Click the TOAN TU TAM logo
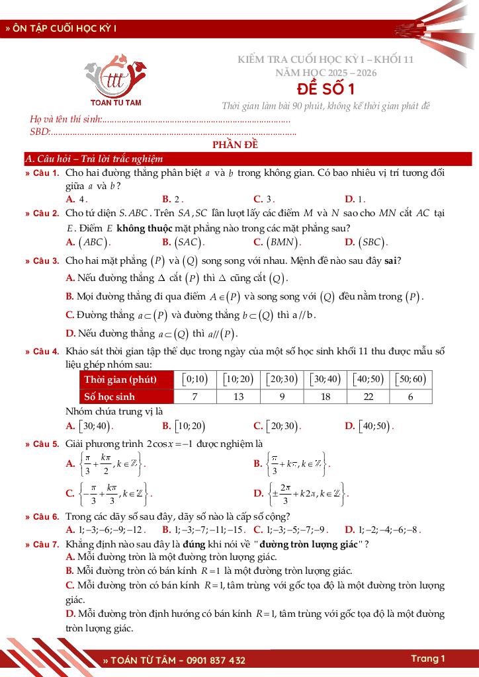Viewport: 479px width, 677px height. click(x=115, y=81)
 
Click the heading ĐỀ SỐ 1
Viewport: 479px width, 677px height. click(x=325, y=89)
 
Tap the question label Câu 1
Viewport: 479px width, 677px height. click(x=46, y=173)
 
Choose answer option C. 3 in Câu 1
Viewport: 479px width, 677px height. click(x=263, y=199)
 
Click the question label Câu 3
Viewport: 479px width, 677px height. click(x=46, y=261)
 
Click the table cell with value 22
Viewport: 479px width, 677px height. click(x=369, y=397)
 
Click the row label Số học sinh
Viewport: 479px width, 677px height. click(x=110, y=397)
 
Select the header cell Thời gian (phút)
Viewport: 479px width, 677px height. click(x=120, y=379)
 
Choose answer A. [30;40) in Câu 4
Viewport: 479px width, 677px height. click(x=91, y=426)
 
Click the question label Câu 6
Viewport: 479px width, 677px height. click(x=46, y=516)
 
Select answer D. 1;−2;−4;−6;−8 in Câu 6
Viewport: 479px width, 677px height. click(x=382, y=530)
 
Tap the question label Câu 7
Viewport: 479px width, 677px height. click(x=46, y=544)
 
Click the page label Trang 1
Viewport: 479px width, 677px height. click(x=428, y=658)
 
